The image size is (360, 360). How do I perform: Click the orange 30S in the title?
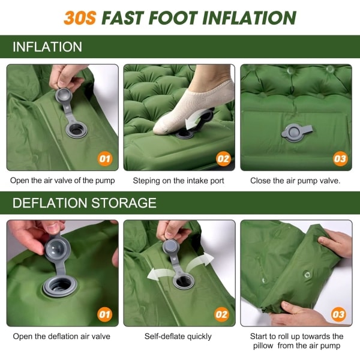[80, 18]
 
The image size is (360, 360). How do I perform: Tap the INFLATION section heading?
[47, 47]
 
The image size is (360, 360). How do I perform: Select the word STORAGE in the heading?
[124, 203]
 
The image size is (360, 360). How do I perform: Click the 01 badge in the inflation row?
[105, 158]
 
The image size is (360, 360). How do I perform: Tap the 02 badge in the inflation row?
[223, 158]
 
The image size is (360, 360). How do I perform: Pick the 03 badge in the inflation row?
[340, 158]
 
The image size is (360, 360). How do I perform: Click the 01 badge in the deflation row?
[105, 314]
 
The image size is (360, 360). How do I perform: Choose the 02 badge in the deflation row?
[221, 314]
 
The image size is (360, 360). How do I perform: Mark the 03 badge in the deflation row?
[338, 314]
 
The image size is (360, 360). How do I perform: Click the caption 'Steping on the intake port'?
[178, 181]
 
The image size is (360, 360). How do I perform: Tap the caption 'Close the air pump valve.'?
[295, 181]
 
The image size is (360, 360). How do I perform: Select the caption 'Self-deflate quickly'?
[178, 337]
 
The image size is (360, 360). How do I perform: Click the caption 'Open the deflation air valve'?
[62, 337]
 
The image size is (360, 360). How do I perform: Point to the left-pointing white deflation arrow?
[161, 274]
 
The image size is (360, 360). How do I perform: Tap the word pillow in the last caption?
[263, 346]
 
